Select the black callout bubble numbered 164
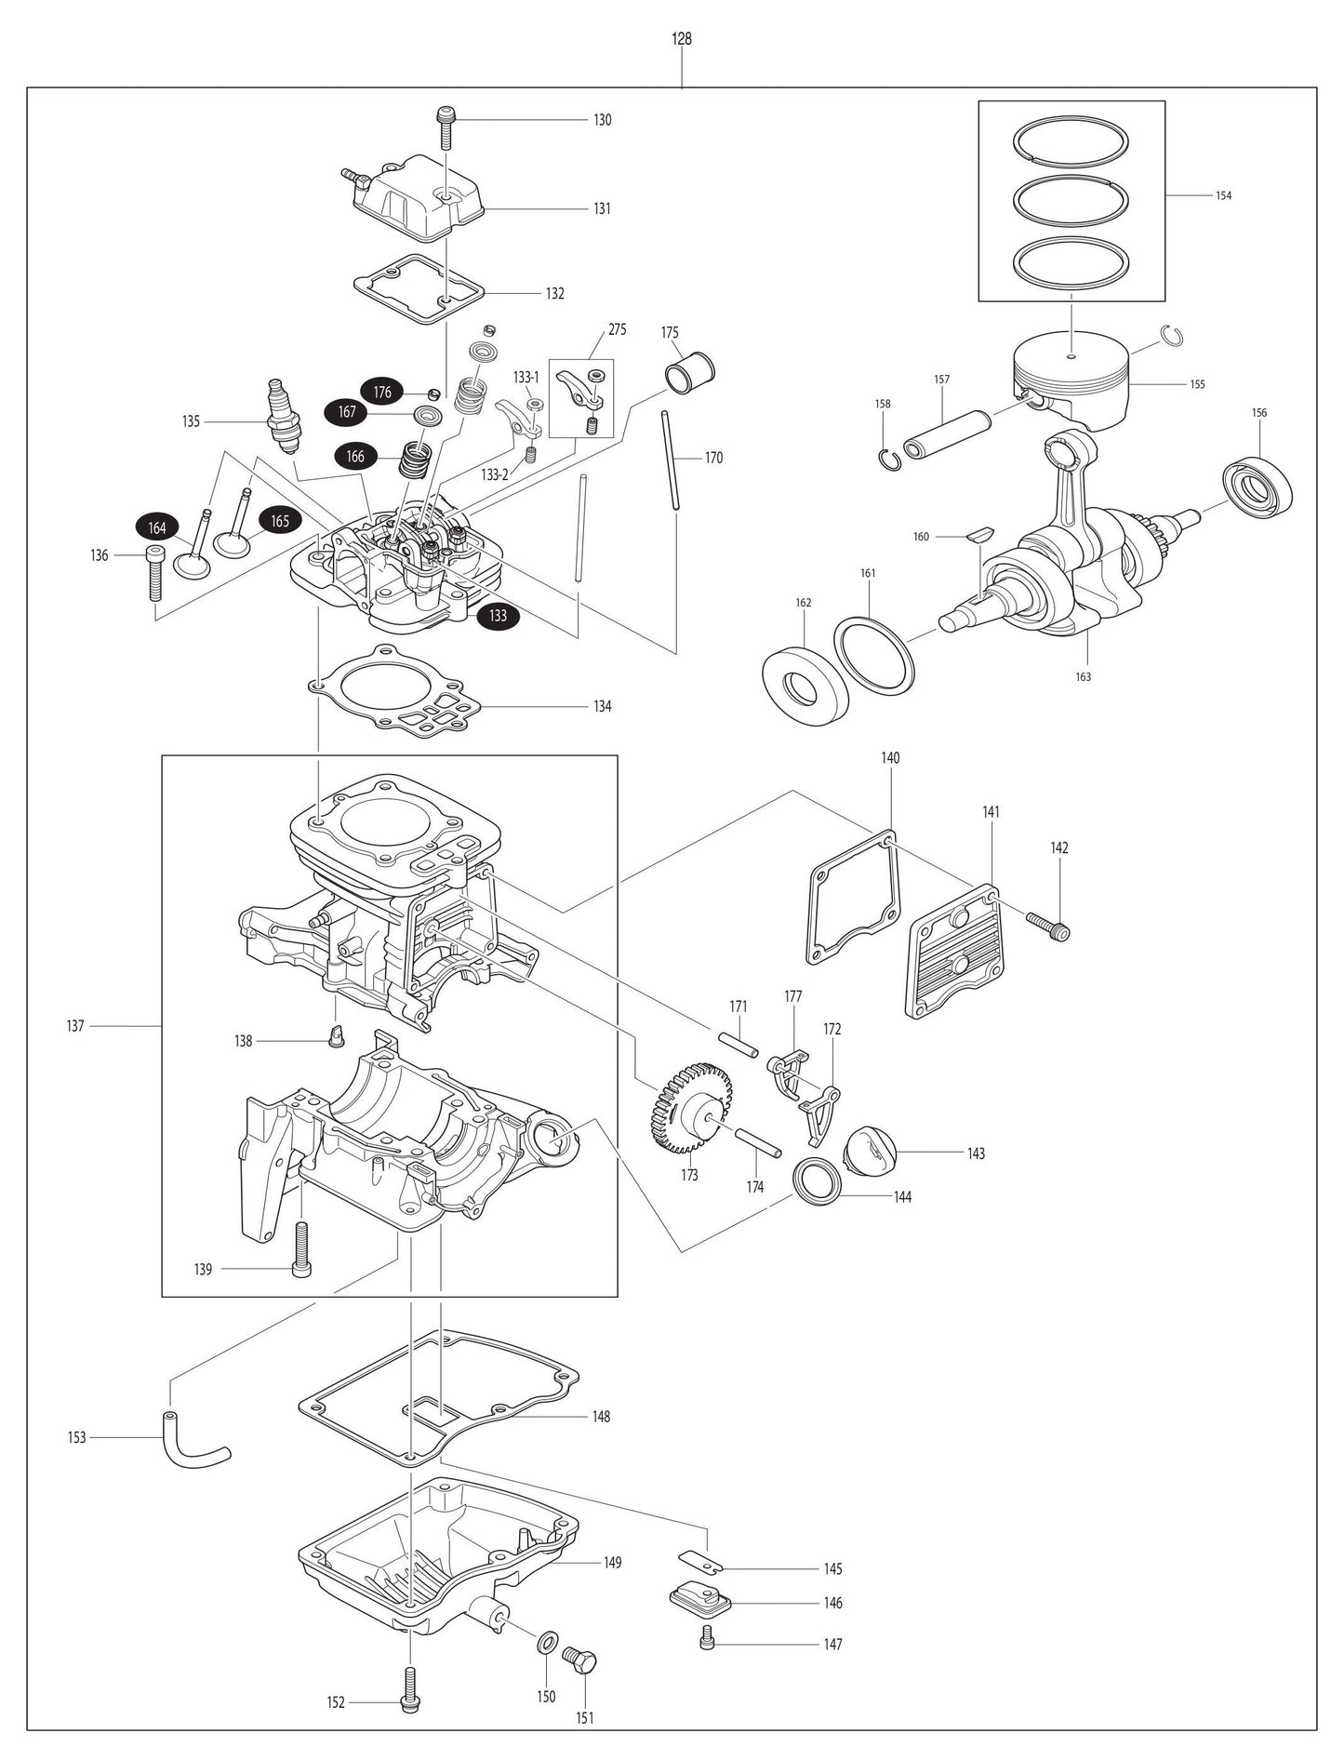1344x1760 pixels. click(157, 528)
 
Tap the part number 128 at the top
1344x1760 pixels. click(682, 40)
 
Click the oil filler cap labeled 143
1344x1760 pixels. click(870, 1154)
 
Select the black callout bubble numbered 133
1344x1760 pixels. click(498, 616)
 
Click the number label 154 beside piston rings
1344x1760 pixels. click(1223, 196)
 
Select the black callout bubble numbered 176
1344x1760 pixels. click(382, 393)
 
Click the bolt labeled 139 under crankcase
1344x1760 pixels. click(301, 1249)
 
